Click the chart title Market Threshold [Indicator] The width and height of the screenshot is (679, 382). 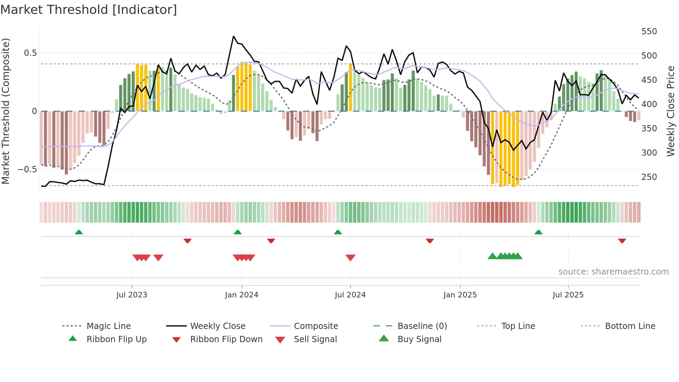89,10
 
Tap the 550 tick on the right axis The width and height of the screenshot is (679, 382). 649,32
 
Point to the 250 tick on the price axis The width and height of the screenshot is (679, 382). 649,177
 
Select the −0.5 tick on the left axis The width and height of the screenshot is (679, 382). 27,170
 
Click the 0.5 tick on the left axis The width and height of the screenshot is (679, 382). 30,53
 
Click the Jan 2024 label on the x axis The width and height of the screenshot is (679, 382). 241,295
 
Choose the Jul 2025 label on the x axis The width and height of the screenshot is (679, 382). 568,295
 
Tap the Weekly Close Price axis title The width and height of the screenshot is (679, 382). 671,111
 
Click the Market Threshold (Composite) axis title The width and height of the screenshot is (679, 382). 6,111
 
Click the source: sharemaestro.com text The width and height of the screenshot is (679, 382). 613,272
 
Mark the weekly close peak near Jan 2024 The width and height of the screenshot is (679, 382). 233,36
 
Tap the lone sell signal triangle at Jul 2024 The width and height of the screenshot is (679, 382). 350,258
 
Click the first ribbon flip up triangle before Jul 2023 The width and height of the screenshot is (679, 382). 79,232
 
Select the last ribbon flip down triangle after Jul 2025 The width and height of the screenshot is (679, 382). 622,241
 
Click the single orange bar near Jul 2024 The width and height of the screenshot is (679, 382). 350,87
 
